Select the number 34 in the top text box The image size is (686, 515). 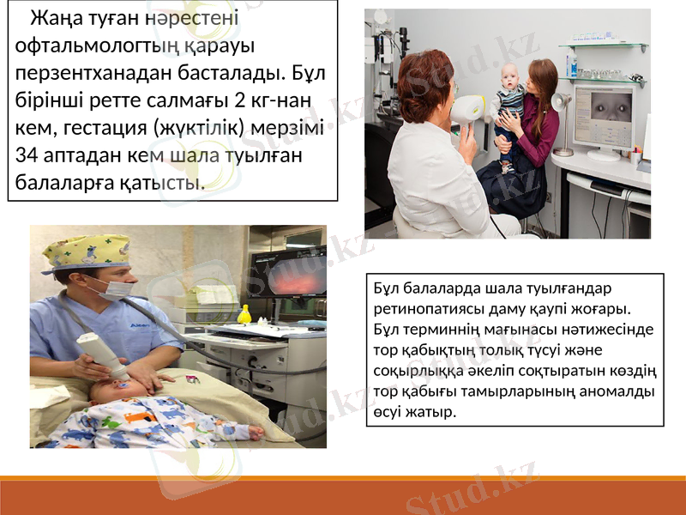pyautogui.click(x=27, y=155)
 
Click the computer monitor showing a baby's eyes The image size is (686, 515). pyautogui.click(x=605, y=116)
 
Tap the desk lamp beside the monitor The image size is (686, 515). pyautogui.click(x=562, y=105)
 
